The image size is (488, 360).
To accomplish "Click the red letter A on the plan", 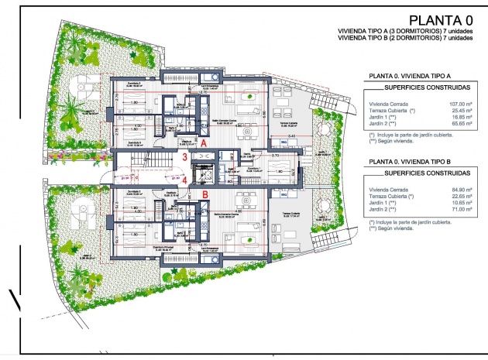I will click(x=203, y=143).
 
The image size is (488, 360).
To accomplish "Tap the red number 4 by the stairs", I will click(x=184, y=180).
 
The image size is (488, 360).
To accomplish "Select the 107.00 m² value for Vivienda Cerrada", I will click(x=456, y=103).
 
